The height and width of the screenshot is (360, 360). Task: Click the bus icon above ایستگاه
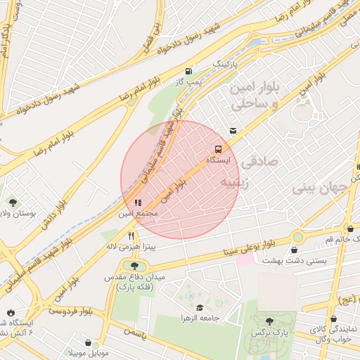tap(218, 149)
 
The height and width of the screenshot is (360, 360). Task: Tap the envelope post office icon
tap(233, 131)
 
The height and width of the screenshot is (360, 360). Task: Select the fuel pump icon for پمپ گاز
tap(188, 71)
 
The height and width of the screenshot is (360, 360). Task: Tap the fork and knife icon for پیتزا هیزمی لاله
tap(131, 236)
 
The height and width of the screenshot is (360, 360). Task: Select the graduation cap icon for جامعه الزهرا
tap(200, 307)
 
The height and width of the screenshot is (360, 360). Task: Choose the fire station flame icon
tap(11, 312)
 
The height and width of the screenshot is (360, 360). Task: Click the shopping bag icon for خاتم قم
tap(350, 229)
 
